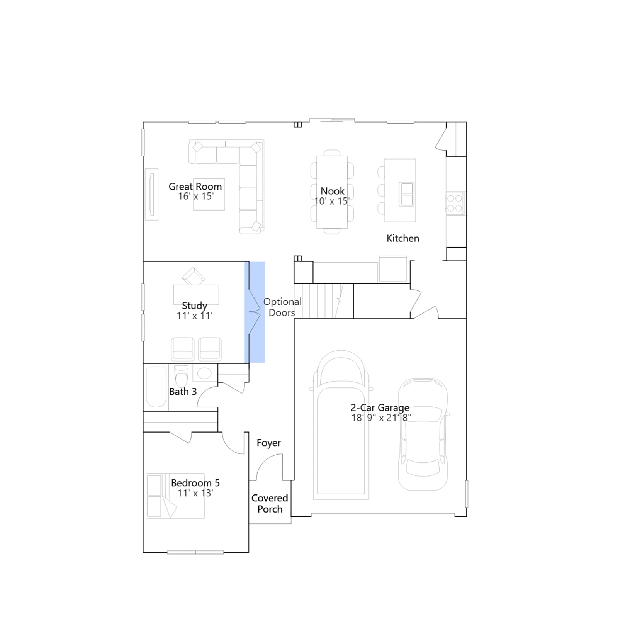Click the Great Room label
(195, 187)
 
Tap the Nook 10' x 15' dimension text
(332, 201)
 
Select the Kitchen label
(403, 238)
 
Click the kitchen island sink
(407, 194)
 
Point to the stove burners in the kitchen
(455, 203)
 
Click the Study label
(195, 306)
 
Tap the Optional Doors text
(282, 307)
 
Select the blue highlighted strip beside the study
(255, 312)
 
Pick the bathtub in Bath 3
(156, 387)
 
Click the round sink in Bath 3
(204, 373)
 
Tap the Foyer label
(269, 443)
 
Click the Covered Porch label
(270, 504)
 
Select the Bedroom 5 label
(195, 483)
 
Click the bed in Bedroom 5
(175, 496)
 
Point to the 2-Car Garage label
(380, 407)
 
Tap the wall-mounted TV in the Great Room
(151, 195)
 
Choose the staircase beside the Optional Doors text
(324, 301)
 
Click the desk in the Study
(196, 295)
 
